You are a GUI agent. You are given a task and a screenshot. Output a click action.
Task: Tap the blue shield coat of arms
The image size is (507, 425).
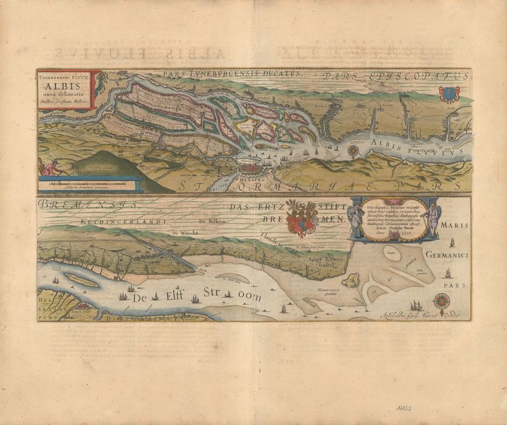pos(447,95)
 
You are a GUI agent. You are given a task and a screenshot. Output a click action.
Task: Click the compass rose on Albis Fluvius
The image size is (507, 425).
pos(353,151)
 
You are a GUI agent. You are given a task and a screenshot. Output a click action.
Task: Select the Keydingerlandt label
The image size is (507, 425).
pos(115,222)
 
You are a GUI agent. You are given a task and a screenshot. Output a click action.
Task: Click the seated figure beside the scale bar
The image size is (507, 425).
pos(50,168)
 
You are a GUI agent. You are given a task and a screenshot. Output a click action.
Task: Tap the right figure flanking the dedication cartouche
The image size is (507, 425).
pos(432,219)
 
